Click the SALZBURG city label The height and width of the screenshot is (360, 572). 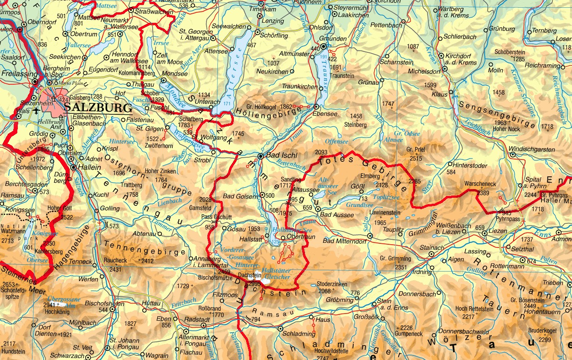[x=98, y=108]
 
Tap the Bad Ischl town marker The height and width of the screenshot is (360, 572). [x=260, y=156]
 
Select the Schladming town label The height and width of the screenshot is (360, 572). [x=299, y=334]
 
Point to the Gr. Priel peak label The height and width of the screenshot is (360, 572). [x=416, y=149]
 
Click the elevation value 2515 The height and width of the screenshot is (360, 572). [x=416, y=158]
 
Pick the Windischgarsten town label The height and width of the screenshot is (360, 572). [x=532, y=149]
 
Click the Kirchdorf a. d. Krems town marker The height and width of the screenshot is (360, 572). [x=441, y=56]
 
